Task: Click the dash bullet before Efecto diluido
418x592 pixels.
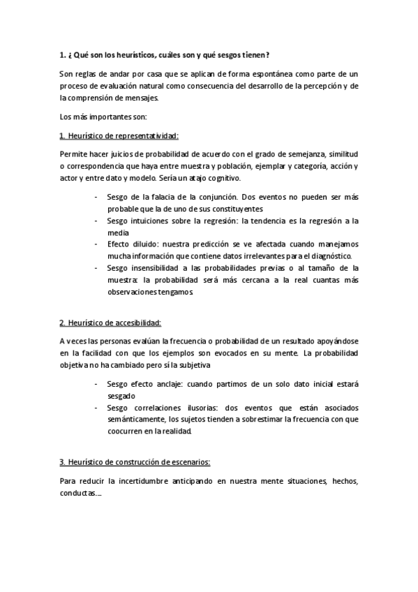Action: click(x=96, y=244)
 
